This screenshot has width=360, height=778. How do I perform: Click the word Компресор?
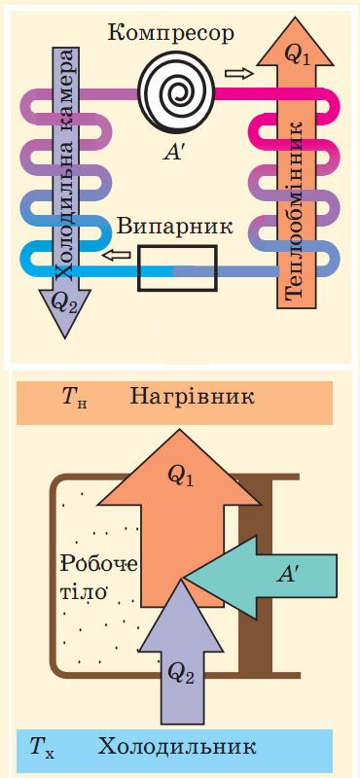pos(170,33)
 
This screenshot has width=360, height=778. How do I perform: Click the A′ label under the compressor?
pos(176,152)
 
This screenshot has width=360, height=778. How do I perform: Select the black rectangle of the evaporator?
pos(177,267)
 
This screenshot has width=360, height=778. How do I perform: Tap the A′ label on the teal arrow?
pos(287,575)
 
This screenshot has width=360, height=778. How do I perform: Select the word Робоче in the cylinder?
pos(100,564)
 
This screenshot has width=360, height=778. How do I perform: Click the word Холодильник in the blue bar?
pos(176,748)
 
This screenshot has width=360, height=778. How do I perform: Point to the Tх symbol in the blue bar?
pos(42,749)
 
